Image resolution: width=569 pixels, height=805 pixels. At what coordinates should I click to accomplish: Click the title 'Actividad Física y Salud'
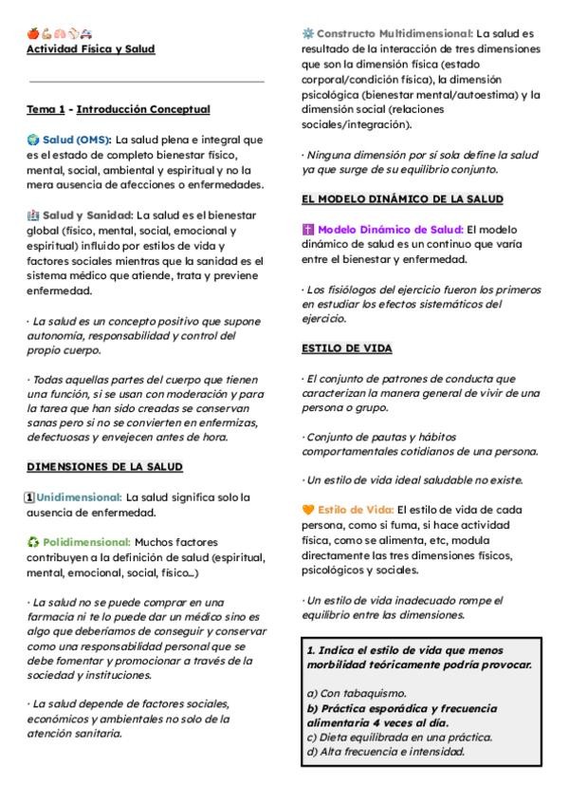click(90, 48)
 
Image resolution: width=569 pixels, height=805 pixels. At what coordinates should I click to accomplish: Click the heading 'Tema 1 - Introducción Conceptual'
click(118, 110)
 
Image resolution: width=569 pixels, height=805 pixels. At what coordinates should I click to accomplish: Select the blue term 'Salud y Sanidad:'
click(88, 215)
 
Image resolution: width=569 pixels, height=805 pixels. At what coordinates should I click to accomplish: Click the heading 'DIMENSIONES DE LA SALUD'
click(104, 467)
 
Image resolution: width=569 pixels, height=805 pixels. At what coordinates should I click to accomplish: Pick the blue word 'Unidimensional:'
click(79, 496)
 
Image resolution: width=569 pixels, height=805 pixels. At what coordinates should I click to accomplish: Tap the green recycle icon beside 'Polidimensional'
click(32, 542)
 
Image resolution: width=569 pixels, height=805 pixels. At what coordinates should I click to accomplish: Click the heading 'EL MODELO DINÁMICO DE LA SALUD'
click(402, 199)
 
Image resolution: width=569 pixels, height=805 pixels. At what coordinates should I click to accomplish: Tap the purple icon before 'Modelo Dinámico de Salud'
click(308, 230)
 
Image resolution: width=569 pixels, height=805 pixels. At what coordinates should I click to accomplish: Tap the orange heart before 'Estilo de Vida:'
click(308, 510)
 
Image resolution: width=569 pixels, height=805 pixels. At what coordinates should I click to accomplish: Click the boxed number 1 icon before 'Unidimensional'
click(29, 496)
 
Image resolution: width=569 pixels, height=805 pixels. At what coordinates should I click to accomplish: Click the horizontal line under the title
click(146, 82)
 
